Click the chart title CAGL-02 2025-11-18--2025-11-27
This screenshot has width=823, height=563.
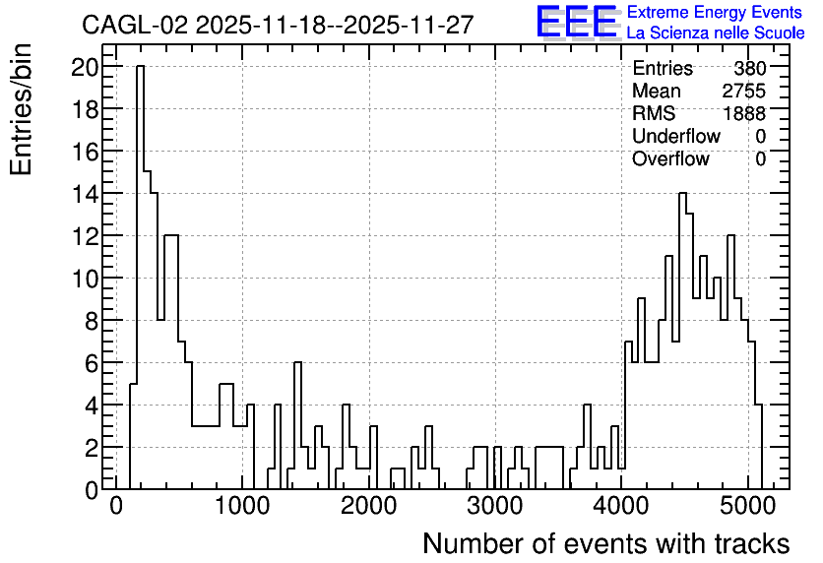[x=278, y=25]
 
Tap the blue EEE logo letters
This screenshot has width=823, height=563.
[x=577, y=22]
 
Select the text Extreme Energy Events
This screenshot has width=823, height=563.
[x=715, y=12]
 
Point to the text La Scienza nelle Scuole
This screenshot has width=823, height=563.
[x=716, y=33]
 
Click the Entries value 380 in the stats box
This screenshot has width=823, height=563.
[x=750, y=68]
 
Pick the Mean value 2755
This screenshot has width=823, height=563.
[x=743, y=91]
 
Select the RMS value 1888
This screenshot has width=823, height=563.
[x=744, y=113]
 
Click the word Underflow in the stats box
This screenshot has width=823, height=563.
[x=676, y=136]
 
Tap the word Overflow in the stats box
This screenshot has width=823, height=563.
[x=670, y=158]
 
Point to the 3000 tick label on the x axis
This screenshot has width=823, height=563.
[x=495, y=506]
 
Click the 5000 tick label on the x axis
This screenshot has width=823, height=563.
[x=747, y=506]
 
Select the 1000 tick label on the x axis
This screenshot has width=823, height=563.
[x=242, y=506]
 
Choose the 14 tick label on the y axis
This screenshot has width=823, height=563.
[x=85, y=194]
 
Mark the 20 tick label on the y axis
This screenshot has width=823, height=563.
[x=85, y=67]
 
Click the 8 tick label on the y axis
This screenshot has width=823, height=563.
[x=92, y=321]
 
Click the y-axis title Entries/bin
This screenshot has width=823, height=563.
[x=21, y=109]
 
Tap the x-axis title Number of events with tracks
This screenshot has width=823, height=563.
[x=606, y=543]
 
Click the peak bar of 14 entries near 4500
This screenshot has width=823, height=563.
[x=683, y=342]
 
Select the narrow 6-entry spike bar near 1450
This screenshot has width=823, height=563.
[x=297, y=425]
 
